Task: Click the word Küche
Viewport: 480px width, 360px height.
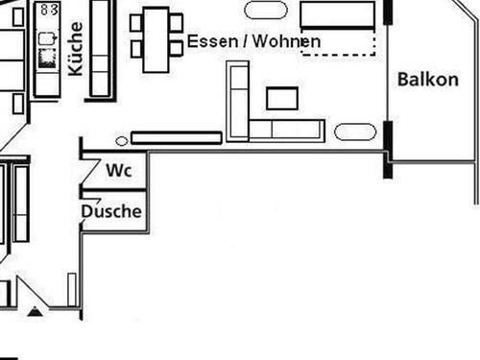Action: [76, 48]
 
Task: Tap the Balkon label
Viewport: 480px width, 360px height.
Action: [427, 80]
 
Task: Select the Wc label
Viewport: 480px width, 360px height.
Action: [118, 171]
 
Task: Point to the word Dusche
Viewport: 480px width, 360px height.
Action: [111, 211]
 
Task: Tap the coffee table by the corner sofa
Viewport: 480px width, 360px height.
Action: [282, 98]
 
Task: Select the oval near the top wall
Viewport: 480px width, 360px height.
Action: [266, 11]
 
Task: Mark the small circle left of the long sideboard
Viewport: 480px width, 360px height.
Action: [121, 140]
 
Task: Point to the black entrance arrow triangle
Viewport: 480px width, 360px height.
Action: [36, 310]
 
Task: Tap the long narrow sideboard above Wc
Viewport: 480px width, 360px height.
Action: [175, 137]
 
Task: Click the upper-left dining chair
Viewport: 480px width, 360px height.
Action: [137, 19]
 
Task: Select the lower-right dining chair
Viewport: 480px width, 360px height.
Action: [176, 47]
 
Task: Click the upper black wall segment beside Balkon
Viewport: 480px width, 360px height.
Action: [389, 11]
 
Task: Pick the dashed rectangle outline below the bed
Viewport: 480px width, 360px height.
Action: [338, 43]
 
